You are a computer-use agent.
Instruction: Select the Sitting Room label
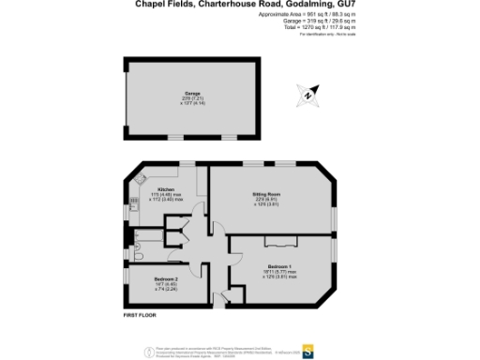pos(268,193)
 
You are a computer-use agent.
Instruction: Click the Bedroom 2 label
pos(165,279)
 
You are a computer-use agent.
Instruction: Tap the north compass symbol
pos(308,94)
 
